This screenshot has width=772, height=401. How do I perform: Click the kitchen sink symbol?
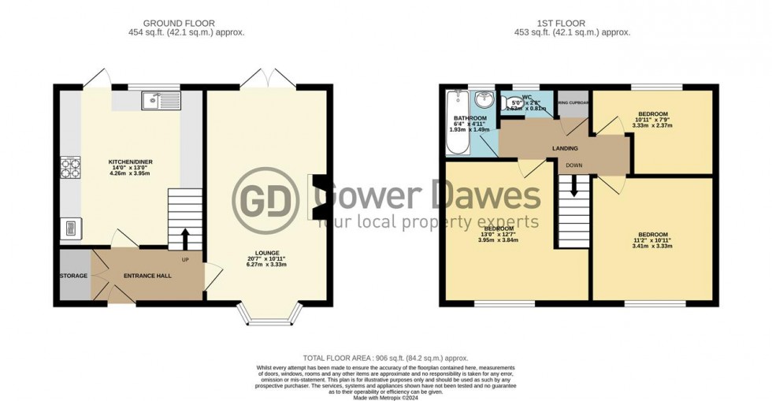coord(161,100)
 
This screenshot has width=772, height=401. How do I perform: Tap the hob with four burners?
coord(66,167)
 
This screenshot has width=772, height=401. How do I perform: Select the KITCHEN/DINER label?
coord(130,162)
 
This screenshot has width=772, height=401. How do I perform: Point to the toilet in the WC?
coord(506,101)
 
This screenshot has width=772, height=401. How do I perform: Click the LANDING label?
coord(565,148)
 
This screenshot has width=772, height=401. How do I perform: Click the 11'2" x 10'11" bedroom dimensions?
coord(653,240)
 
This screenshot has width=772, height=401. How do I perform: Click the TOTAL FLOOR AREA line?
coord(385,357)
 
